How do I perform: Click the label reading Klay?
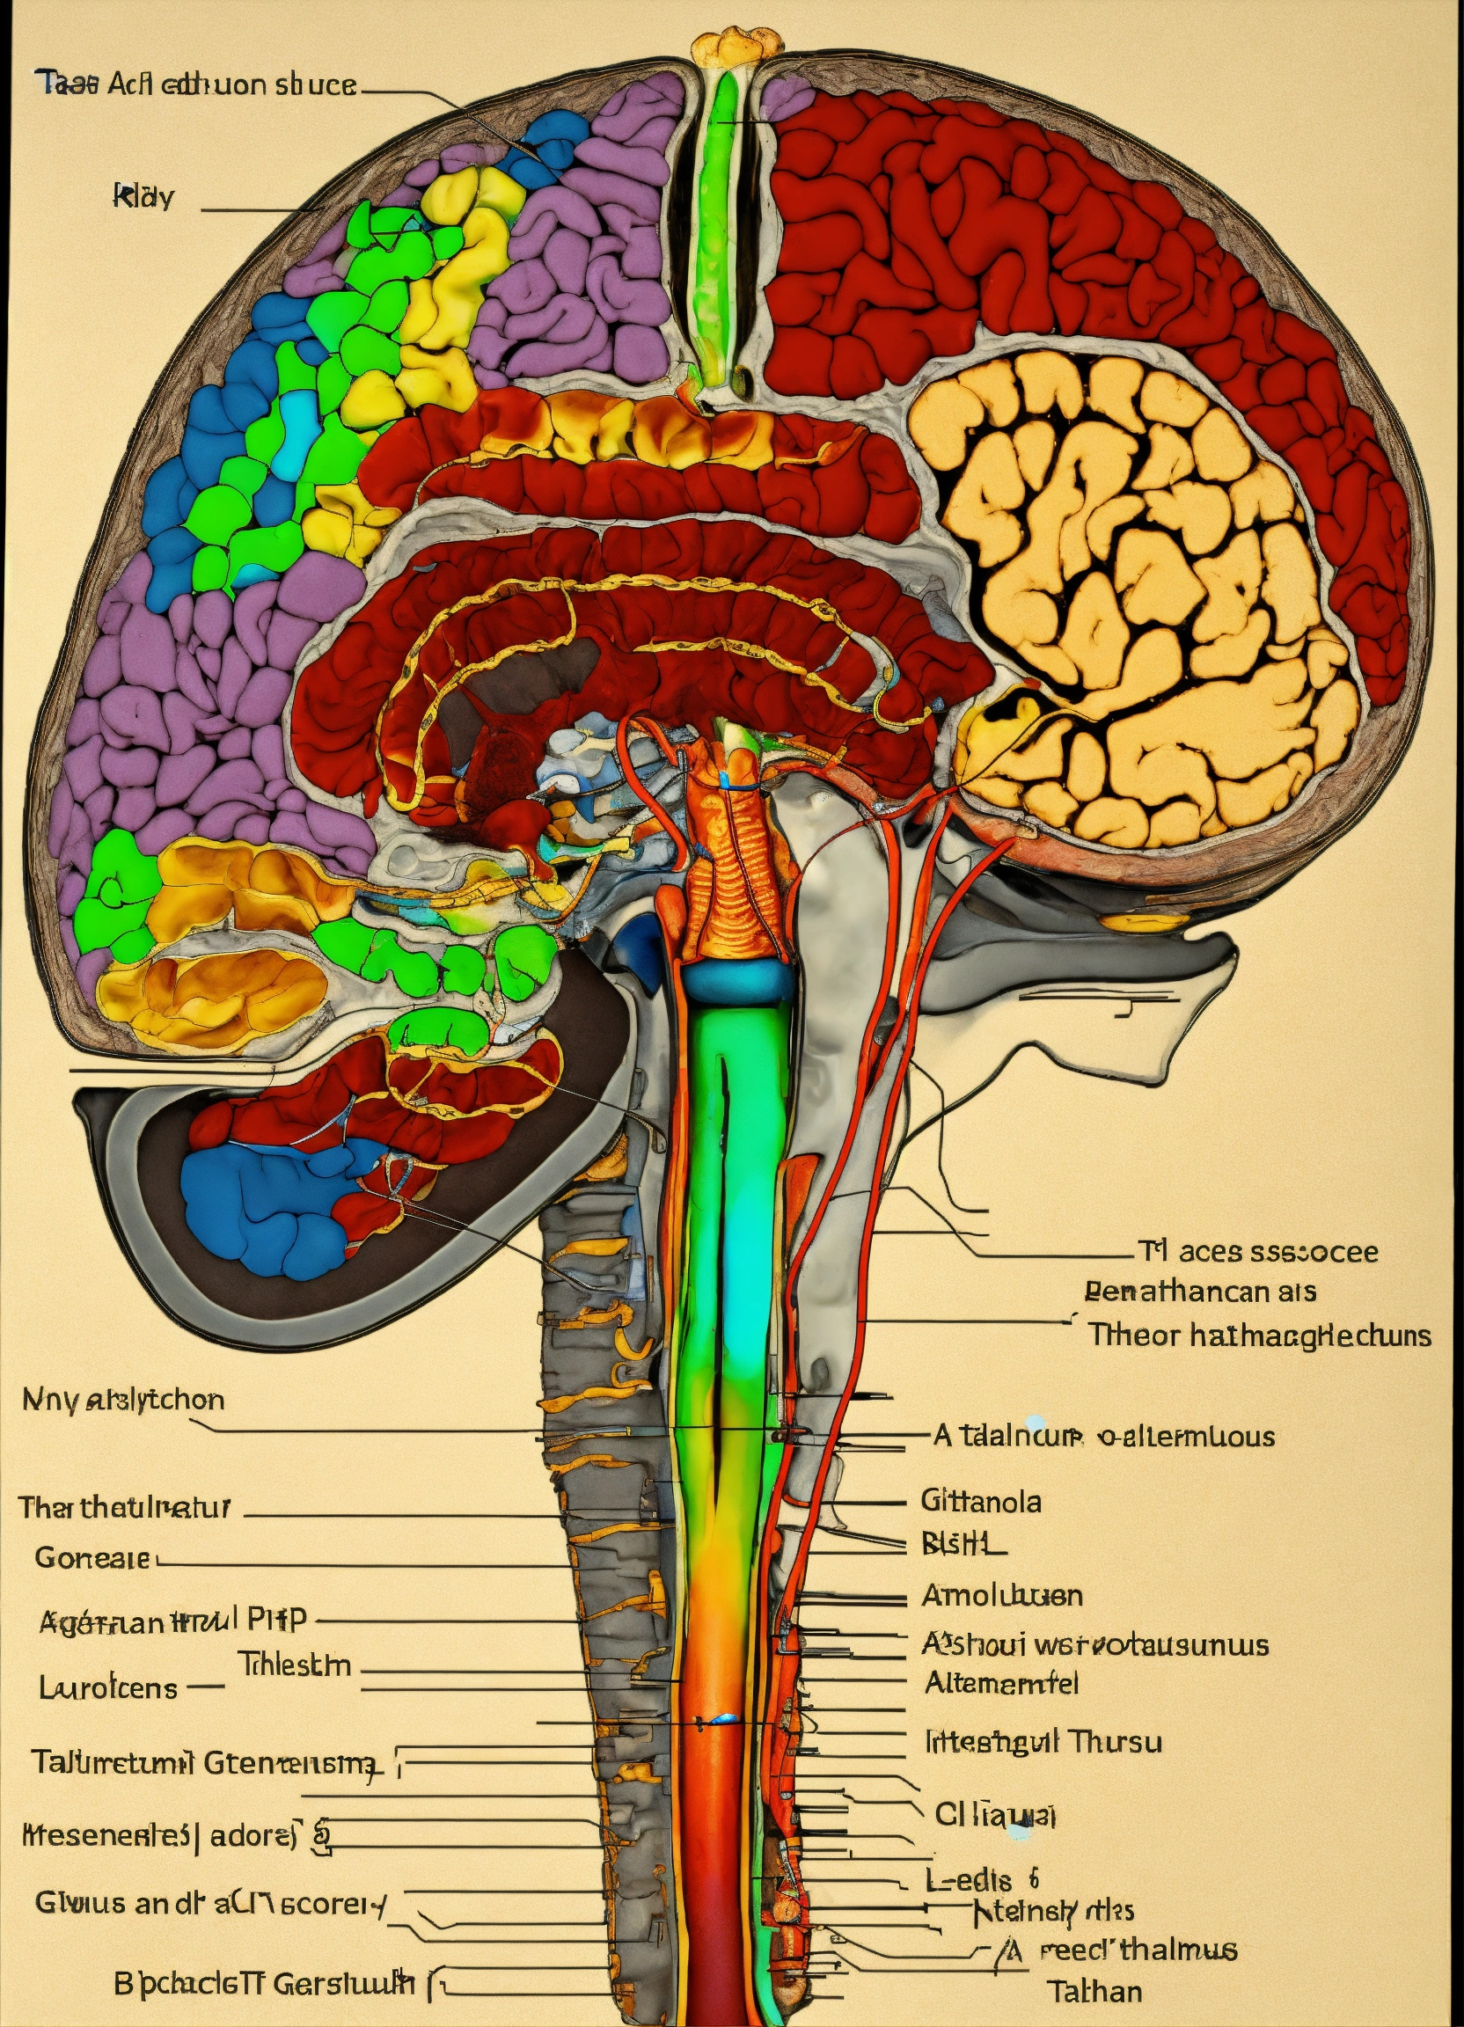[x=143, y=195]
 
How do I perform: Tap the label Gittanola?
[x=980, y=1501]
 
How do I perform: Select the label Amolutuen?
[x=1001, y=1595]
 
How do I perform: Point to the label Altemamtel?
[x=1001, y=1683]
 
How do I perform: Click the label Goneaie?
[x=92, y=1558]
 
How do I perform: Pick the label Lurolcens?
[x=108, y=1687]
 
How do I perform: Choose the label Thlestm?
[x=294, y=1665]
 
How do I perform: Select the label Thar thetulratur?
[x=124, y=1508]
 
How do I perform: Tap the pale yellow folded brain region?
[x=1135, y=589]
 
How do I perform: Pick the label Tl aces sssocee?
[x=1256, y=1251]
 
